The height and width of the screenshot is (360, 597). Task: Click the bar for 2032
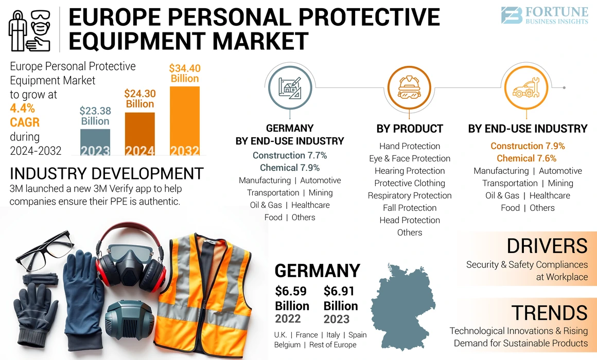coord(185,121)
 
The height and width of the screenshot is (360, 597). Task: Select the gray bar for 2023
coord(95,142)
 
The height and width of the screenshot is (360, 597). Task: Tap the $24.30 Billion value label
coord(140,98)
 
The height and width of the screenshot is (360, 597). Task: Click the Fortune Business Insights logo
coord(545,15)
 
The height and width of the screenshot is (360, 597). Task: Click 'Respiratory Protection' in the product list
coord(410,195)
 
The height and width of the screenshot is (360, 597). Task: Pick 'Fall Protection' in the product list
coord(410,208)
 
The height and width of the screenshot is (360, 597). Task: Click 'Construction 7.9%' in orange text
coord(528,146)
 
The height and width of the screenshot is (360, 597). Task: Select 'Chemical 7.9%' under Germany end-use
coord(290,168)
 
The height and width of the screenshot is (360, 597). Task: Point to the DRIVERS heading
coord(547,246)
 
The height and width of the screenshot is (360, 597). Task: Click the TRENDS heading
coord(549,313)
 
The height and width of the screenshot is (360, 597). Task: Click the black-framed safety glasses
coord(44,253)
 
